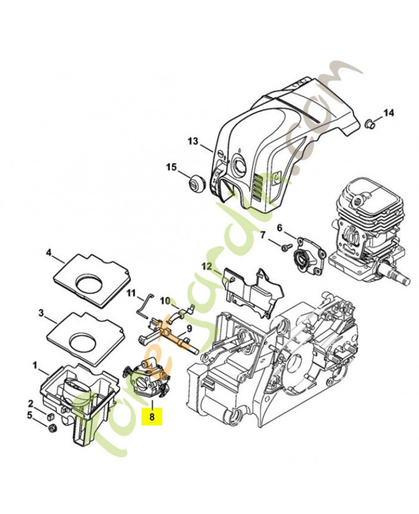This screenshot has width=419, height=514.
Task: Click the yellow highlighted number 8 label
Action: (x=152, y=416)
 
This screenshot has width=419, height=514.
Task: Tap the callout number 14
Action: (x=388, y=113)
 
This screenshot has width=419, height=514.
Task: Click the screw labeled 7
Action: (x=284, y=245)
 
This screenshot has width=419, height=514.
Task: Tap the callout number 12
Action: (x=206, y=266)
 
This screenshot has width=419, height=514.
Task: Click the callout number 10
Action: (x=164, y=300)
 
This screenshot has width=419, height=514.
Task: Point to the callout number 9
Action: (x=190, y=328)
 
